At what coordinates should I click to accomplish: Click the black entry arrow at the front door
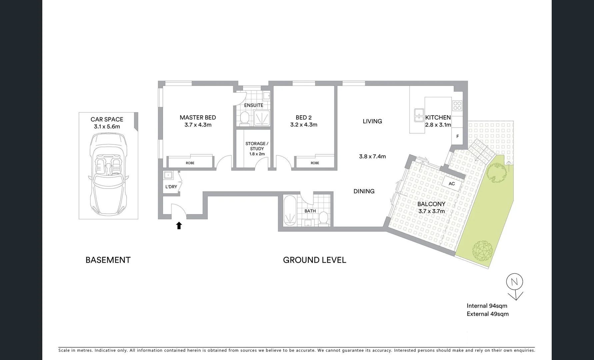click(179, 226)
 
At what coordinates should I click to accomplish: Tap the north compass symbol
click(514, 282)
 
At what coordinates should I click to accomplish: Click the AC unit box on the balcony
click(452, 184)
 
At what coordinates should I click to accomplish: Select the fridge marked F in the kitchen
click(457, 136)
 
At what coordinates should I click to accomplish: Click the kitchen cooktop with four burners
click(457, 106)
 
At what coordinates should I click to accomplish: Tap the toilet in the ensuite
click(245, 118)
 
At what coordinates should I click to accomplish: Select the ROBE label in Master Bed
click(190, 163)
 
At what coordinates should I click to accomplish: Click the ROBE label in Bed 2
click(315, 163)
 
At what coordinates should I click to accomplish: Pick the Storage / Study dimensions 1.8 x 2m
click(257, 154)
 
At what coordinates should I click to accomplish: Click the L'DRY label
click(171, 187)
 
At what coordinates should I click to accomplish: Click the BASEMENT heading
click(108, 260)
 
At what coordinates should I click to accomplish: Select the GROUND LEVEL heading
click(314, 260)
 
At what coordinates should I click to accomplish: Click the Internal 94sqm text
click(487, 306)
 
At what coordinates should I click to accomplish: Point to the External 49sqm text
click(487, 314)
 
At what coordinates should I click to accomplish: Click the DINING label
click(364, 191)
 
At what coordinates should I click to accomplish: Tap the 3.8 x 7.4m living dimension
click(372, 156)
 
